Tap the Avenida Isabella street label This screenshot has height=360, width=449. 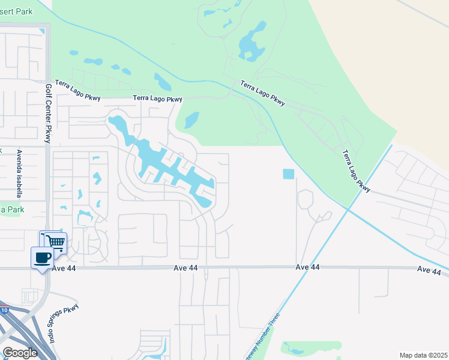click(x=19, y=173)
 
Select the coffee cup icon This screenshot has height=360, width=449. click(x=42, y=257)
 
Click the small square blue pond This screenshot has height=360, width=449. click(x=289, y=175)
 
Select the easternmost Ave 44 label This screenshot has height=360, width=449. click(x=429, y=271)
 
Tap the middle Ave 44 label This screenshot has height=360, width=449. click(x=307, y=267)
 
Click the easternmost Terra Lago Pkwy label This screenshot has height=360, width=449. click(x=357, y=171)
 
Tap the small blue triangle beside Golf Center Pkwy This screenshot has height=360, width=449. click(x=41, y=31)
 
